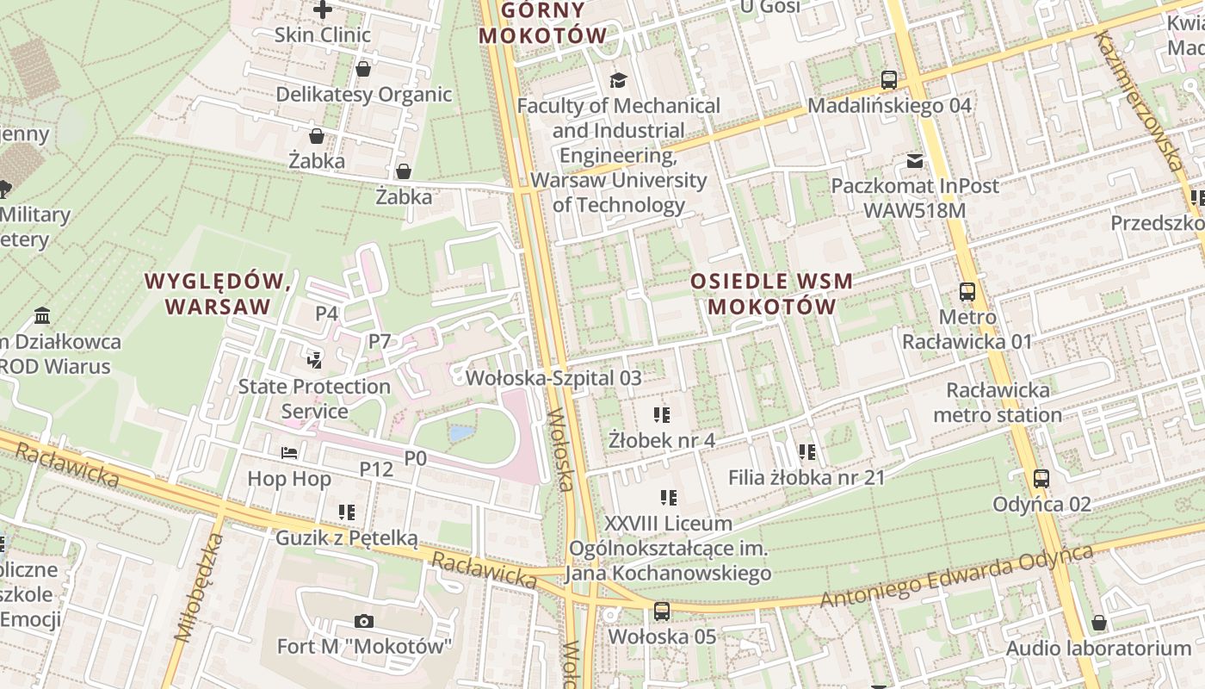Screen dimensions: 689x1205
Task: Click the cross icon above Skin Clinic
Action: click(323, 9)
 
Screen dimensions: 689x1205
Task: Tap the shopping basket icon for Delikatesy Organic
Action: click(363, 69)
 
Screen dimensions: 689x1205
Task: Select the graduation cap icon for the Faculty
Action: click(618, 80)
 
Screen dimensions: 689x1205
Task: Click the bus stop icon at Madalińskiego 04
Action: click(889, 80)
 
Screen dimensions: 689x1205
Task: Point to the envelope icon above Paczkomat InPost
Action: click(915, 161)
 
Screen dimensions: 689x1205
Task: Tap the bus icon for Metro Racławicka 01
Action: click(967, 292)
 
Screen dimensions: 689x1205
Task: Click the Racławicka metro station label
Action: click(998, 402)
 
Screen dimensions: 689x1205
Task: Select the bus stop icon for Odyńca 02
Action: click(1041, 479)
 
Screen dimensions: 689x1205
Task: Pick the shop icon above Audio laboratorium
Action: click(1099, 623)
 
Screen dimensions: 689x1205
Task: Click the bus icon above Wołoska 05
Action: click(661, 611)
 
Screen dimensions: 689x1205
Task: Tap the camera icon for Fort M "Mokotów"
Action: click(364, 621)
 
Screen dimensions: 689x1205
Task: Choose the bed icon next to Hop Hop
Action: click(289, 453)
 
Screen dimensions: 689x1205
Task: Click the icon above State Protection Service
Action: click(315, 360)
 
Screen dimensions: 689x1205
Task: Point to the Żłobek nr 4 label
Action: click(661, 440)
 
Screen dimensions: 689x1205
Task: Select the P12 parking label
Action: click(376, 469)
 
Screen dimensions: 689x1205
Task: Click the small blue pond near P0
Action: click(461, 433)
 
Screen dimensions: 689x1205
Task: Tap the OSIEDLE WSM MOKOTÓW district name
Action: click(771, 294)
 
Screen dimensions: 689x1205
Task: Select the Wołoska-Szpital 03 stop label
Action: click(553, 377)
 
